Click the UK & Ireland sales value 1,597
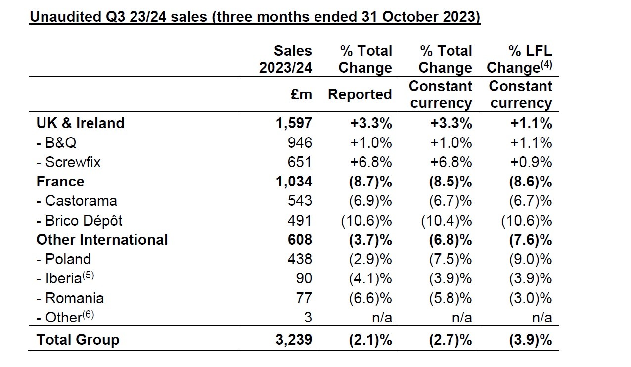pyautogui.click(x=293, y=123)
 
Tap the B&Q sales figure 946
pyautogui.click(x=300, y=143)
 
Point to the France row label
pyautogui.click(x=60, y=182)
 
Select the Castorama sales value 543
pyautogui.click(x=300, y=201)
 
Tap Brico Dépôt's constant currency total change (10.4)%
pyautogui.click(x=446, y=221)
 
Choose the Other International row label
pyautogui.click(x=102, y=240)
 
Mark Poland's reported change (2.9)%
pyautogui.click(x=366, y=259)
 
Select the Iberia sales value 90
pyautogui.click(x=304, y=278)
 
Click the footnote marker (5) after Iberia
pyautogui.click(x=88, y=275)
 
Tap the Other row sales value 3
pyautogui.click(x=308, y=318)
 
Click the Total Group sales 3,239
pyautogui.click(x=293, y=340)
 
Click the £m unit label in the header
pyautogui.click(x=302, y=94)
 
